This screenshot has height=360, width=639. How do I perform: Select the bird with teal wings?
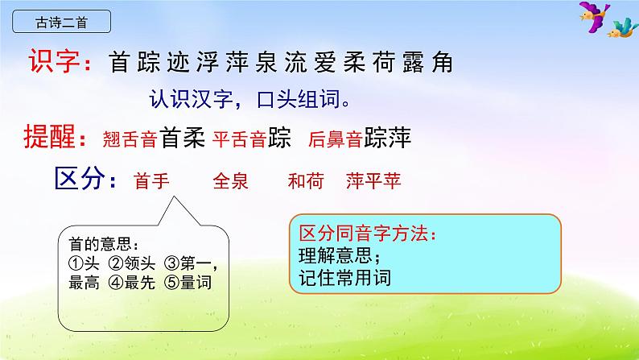(x=620, y=30)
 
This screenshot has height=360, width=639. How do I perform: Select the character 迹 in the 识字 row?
(x=175, y=63)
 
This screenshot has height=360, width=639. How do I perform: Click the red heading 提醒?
(x=56, y=138)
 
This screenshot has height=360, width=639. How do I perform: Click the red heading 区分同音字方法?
(x=366, y=234)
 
